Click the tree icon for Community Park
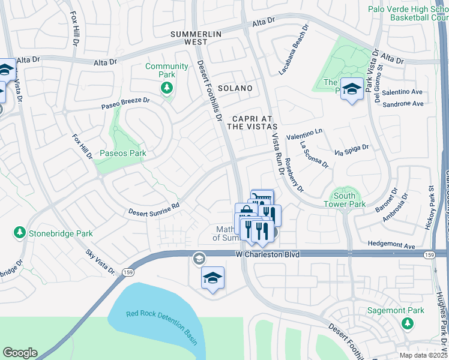click(x=166, y=89)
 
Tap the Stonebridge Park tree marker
click(x=19, y=233)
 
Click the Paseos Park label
click(x=122, y=154)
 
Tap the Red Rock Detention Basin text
click(x=162, y=327)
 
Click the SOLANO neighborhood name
click(x=235, y=88)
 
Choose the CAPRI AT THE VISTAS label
click(x=252, y=122)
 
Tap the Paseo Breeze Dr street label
click(x=125, y=103)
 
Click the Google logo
click(x=20, y=353)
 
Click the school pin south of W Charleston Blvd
click(x=212, y=278)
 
